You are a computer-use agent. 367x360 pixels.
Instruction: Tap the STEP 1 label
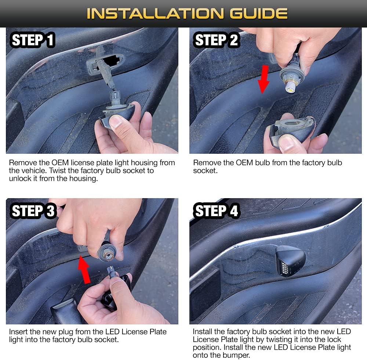(x=33, y=40)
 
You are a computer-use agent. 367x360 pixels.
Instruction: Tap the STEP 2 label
(x=216, y=40)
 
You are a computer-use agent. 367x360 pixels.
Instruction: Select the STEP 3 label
(x=33, y=211)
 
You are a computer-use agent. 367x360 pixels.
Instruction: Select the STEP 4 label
(x=216, y=211)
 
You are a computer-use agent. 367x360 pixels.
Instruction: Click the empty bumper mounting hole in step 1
(x=112, y=60)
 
